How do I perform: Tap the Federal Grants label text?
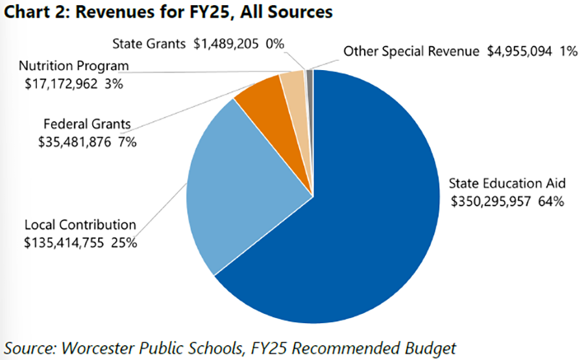[87, 124]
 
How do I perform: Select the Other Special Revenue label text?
[412, 51]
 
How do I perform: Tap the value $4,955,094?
[522, 51]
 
